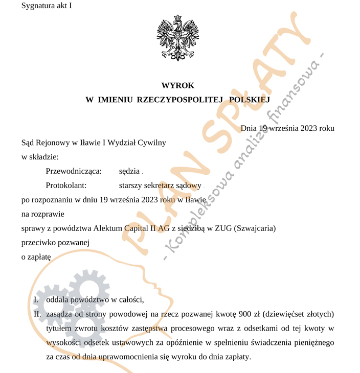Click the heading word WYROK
click(x=177, y=85)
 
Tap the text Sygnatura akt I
click(x=47, y=6)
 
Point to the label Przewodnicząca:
click(x=74, y=171)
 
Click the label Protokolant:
click(x=66, y=185)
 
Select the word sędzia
click(x=129, y=171)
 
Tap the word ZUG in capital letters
click(x=220, y=228)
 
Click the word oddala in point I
click(x=57, y=299)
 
